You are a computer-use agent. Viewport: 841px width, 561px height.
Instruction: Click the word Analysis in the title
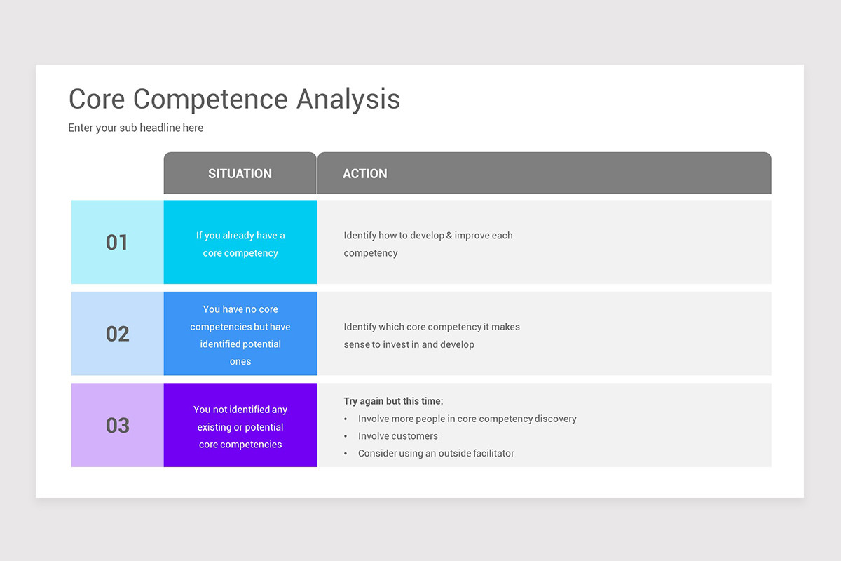348,100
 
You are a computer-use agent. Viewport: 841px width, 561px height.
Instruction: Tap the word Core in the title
97,100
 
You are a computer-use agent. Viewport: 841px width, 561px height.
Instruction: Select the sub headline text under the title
136,128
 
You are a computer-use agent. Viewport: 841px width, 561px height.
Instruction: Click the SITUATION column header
240,174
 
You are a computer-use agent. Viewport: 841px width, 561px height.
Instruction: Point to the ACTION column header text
364,174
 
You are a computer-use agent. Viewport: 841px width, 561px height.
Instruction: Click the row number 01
117,243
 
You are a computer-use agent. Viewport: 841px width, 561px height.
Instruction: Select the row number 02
117,334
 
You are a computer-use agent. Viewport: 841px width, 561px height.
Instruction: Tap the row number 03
117,425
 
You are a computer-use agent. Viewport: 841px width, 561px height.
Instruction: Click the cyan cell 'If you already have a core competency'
240,244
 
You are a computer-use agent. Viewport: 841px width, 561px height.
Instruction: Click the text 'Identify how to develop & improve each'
428,236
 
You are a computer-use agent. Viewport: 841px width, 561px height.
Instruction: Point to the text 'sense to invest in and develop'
409,344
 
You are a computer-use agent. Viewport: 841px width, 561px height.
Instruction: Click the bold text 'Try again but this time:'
393,401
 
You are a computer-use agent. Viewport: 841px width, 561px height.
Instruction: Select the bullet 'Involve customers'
397,436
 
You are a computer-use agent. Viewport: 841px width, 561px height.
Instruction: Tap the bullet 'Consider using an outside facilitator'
436,454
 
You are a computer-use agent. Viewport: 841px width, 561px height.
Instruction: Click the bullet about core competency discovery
467,419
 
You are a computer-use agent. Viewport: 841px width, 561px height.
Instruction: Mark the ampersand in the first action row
449,236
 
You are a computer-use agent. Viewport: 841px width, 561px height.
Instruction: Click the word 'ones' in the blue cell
240,362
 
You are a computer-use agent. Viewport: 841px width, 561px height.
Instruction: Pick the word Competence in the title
211,100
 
